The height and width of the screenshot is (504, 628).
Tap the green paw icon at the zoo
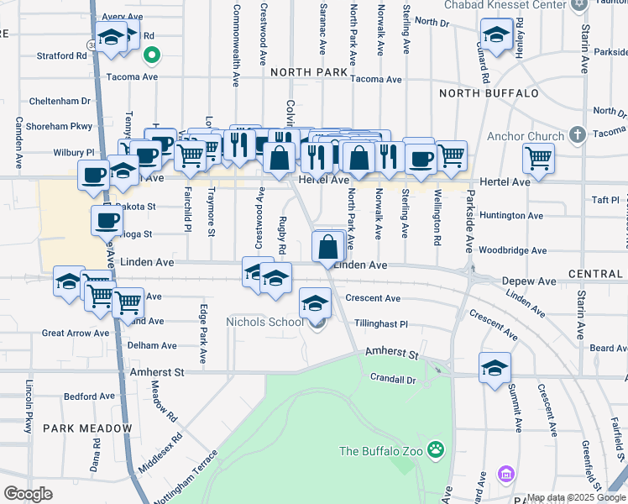[435, 450]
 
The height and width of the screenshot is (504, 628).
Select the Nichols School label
[265, 322]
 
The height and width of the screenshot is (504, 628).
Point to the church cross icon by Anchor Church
[577, 134]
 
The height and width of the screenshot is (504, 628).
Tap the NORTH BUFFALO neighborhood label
[488, 92]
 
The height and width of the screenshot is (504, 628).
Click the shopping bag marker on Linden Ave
[328, 246]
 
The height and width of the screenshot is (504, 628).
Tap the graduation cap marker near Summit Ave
[495, 367]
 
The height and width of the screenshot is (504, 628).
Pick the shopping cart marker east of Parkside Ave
[537, 157]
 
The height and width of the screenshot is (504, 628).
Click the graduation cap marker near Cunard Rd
[497, 35]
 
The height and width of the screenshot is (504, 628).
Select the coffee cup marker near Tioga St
[107, 221]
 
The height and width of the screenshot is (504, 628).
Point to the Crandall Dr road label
[393, 378]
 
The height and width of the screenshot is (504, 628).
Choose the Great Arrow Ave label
[76, 333]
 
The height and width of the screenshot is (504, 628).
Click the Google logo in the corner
[28, 494]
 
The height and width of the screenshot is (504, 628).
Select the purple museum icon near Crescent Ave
[505, 475]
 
